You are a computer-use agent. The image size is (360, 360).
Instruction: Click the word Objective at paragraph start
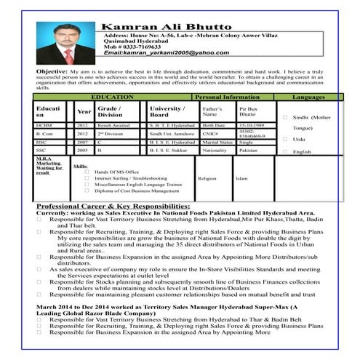(52, 73)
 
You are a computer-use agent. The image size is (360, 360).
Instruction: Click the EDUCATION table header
(113, 96)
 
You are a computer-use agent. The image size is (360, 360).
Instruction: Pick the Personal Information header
(228, 96)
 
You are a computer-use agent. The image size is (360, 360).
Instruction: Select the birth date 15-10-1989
(252, 125)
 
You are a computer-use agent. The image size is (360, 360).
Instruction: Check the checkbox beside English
(286, 152)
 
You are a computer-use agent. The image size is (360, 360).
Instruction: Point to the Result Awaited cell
(114, 125)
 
